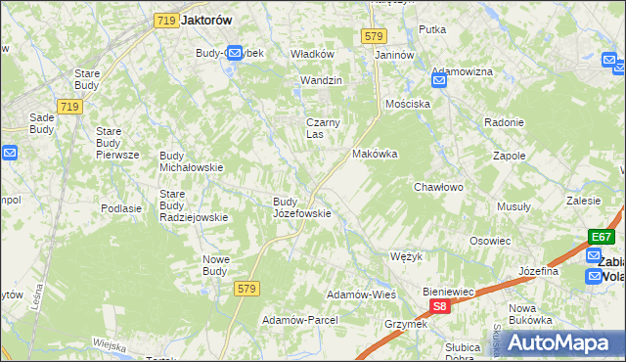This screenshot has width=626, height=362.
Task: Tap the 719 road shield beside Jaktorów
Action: (164, 19)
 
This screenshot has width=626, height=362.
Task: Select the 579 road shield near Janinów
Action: (372, 35)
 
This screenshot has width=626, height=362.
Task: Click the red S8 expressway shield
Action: (440, 306)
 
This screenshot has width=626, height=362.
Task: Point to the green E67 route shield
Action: (602, 237)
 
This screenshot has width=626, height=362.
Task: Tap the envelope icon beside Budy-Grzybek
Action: (234, 53)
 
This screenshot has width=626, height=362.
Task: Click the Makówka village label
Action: (374, 154)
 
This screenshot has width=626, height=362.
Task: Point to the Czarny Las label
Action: (322, 128)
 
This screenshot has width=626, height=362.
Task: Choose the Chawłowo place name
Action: (437, 186)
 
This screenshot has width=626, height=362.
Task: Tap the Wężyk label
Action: (405, 256)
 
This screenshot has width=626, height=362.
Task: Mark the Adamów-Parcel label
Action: (299, 320)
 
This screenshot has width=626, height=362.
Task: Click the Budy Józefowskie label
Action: (301, 207)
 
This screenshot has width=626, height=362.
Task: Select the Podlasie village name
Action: (121, 208)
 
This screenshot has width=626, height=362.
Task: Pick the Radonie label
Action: (505, 122)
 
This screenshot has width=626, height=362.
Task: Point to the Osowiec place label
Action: (490, 241)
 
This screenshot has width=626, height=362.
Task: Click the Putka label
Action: (432, 29)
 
